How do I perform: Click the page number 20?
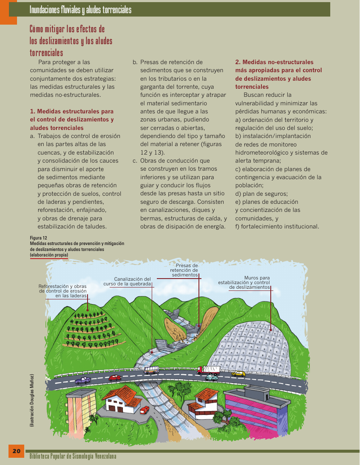16,451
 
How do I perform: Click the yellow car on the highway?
239,374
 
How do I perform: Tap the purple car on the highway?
83,380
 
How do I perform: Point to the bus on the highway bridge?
151,370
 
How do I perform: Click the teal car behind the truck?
211,377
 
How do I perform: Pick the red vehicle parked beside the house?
145,410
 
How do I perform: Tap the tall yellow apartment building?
81,408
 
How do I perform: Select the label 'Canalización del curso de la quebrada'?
127,281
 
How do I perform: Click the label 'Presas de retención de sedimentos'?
184,270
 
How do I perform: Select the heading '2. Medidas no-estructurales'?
274,62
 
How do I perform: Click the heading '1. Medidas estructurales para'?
71,111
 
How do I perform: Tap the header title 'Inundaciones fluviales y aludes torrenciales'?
80,10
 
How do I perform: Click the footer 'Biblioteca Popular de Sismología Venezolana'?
73,457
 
